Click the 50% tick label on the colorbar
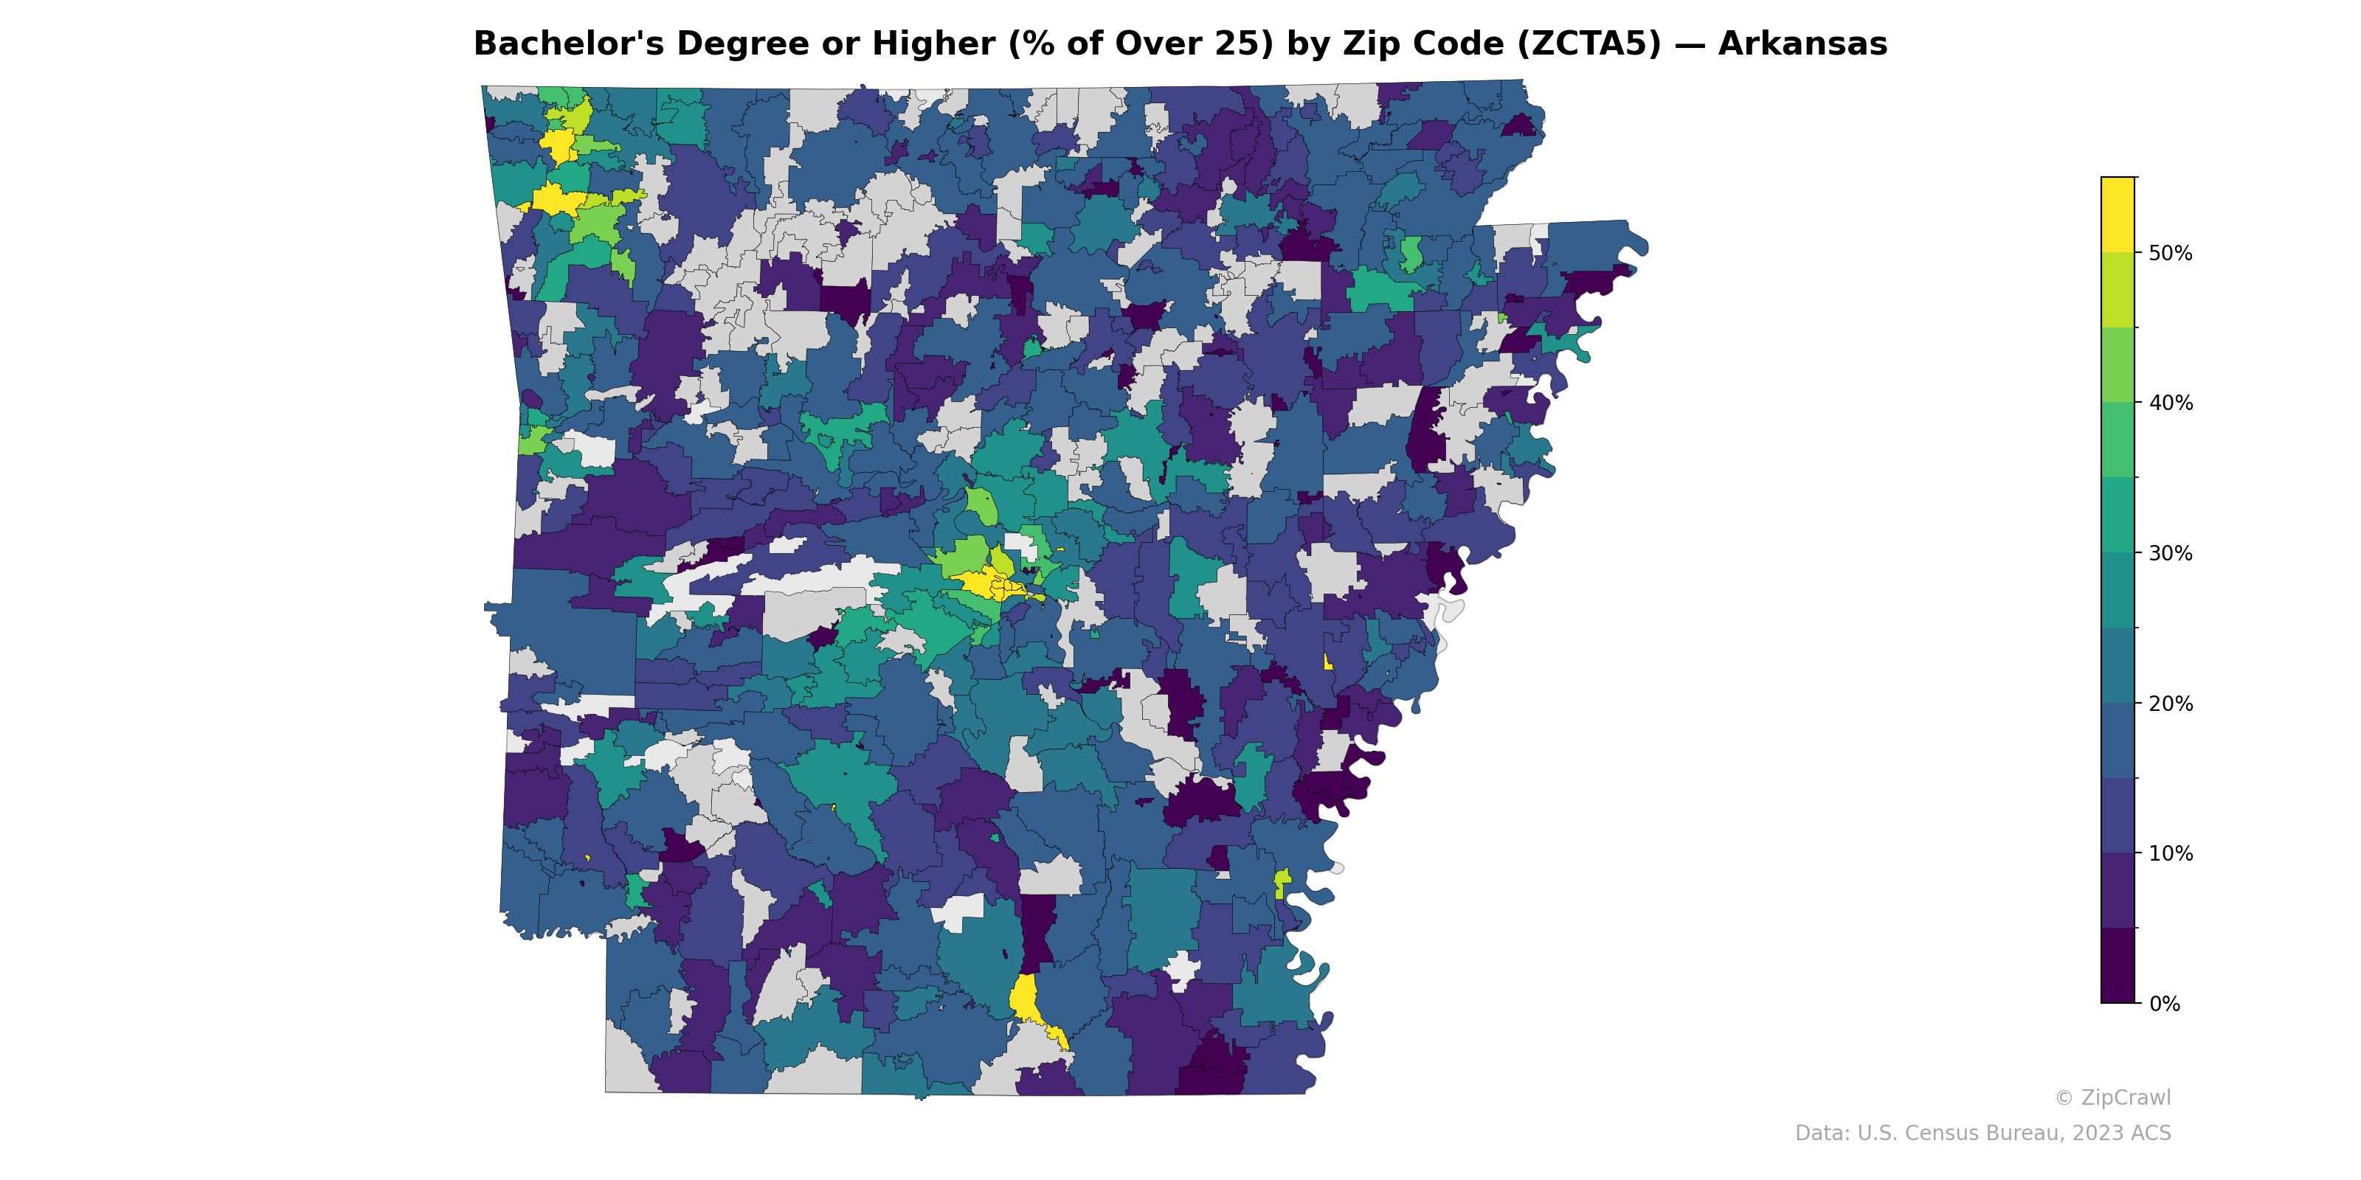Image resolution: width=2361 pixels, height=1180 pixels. pos(2171,253)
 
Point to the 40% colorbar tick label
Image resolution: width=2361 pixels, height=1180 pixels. pos(2171,403)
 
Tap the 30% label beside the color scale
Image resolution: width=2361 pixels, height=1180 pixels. pos(2171,553)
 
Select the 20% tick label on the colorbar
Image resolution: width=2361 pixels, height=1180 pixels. pos(2171,704)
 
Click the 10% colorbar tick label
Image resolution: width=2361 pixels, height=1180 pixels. pos(2171,854)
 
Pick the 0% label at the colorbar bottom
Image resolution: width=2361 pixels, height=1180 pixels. pos(2164,1004)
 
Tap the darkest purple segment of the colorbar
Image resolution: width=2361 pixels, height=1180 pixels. pos(2118,965)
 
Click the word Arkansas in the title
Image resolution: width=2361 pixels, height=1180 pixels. pos(1802,44)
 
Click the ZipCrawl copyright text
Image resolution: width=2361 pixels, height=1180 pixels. pos(2112,1097)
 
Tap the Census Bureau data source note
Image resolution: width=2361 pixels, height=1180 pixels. pos(1983,1134)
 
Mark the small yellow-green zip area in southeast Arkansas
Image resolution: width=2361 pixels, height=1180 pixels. pos(1282,881)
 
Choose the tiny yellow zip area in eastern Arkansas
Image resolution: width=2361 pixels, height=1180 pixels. pos(1327,662)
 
